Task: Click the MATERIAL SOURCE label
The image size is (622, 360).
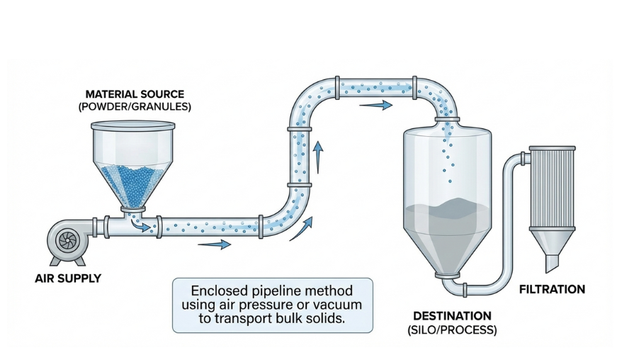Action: click(x=135, y=94)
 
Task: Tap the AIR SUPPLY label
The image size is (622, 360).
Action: click(x=68, y=279)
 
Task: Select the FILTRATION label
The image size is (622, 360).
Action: click(x=552, y=289)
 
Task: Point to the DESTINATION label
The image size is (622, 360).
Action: click(x=453, y=315)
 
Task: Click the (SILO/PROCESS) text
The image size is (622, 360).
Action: click(x=453, y=330)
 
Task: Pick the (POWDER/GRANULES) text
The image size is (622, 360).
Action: click(x=135, y=107)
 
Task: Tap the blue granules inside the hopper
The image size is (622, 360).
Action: click(x=132, y=182)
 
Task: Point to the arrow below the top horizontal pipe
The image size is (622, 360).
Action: click(x=375, y=106)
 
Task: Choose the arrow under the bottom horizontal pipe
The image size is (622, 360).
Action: click(x=215, y=244)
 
